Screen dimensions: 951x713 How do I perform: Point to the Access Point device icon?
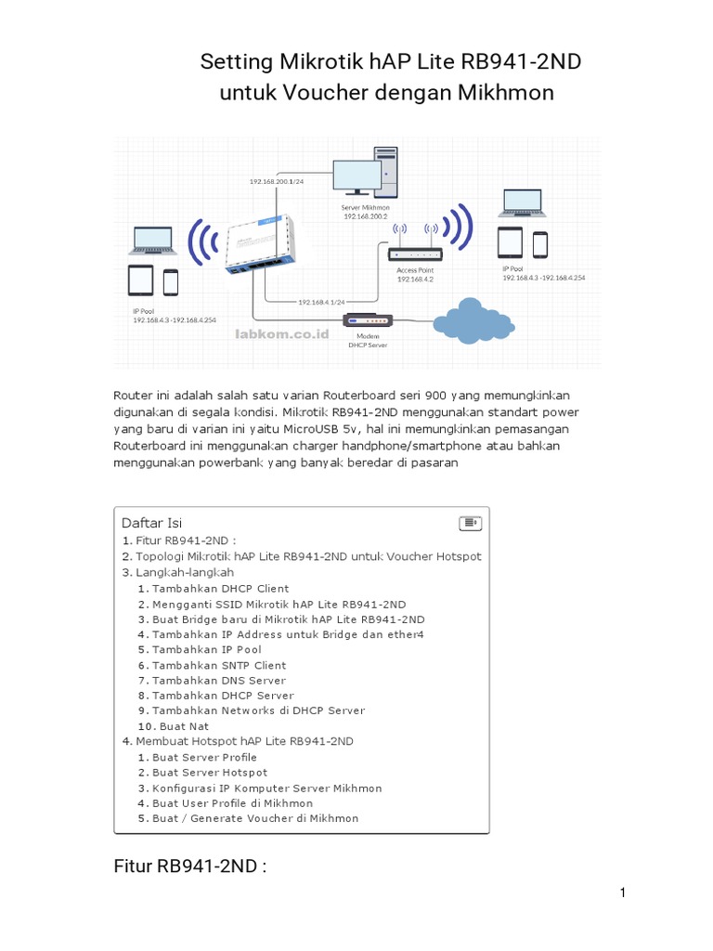414,253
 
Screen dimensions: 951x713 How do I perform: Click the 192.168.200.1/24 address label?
277,182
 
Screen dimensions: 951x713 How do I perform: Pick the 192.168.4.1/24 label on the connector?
321,302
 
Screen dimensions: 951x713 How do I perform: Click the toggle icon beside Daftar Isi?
470,523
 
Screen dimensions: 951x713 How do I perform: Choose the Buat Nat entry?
180,726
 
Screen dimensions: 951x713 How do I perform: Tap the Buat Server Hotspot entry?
210,773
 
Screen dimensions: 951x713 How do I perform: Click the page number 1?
624,893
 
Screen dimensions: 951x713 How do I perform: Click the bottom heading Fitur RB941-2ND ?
190,867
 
